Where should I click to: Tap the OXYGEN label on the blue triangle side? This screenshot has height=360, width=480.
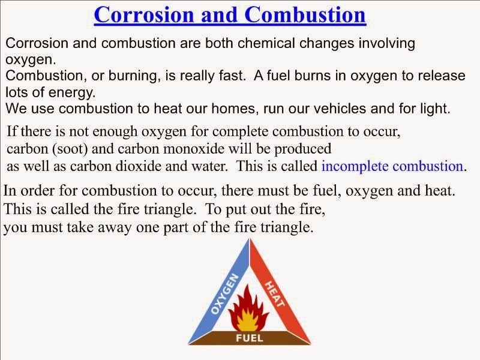point(224,295)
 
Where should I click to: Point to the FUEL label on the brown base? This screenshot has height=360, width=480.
point(248,338)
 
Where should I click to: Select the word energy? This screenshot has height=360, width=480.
point(76,93)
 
